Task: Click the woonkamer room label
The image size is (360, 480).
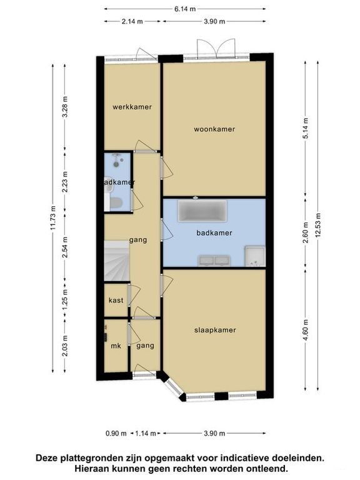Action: pyautogui.click(x=214, y=129)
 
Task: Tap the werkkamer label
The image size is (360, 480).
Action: pyautogui.click(x=132, y=107)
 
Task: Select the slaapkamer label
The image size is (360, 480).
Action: pyautogui.click(x=215, y=330)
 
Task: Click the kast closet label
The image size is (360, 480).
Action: pyautogui.click(x=116, y=300)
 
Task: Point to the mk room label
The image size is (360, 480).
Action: pyautogui.click(x=116, y=346)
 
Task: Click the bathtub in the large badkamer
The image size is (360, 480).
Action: pyautogui.click(x=202, y=210)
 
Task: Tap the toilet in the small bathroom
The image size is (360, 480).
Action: pyautogui.click(x=115, y=202)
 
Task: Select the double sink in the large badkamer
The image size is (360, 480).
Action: pyautogui.click(x=214, y=261)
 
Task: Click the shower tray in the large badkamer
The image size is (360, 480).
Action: pyautogui.click(x=254, y=256)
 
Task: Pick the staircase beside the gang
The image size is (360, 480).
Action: pyautogui.click(x=117, y=261)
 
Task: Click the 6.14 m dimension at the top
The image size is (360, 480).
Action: pyautogui.click(x=185, y=9)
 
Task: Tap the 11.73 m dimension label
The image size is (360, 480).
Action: pyautogui.click(x=53, y=218)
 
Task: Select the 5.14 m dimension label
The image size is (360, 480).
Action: pyautogui.click(x=306, y=128)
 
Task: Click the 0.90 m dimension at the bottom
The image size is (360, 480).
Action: pyautogui.click(x=116, y=433)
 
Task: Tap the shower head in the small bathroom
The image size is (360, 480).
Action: pyautogui.click(x=116, y=160)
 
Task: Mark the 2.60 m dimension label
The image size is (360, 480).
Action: pyautogui.click(x=306, y=232)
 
